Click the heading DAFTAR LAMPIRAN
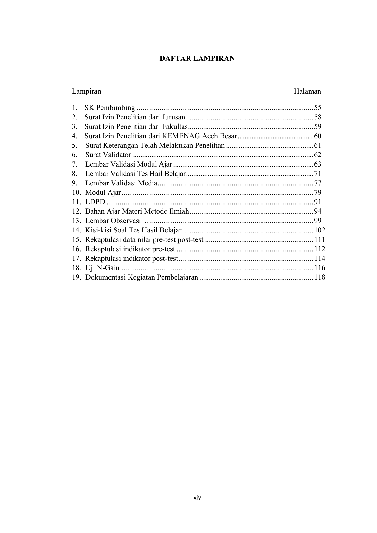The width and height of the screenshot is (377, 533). click(x=197, y=59)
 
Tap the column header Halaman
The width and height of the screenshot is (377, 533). click(x=307, y=91)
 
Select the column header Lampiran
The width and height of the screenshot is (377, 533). click(x=87, y=91)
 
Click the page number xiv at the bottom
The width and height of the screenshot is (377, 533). click(x=197, y=498)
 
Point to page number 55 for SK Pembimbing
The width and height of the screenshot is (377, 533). click(x=318, y=108)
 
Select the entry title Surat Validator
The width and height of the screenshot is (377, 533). click(x=108, y=155)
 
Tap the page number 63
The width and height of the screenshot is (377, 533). click(x=318, y=164)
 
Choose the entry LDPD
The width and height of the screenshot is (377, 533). click(x=95, y=202)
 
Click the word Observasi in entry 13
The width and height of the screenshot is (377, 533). click(x=126, y=221)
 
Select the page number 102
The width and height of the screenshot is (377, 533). click(x=320, y=230)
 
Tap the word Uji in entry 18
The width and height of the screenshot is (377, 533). click(x=90, y=268)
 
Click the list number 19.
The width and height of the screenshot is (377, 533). click(x=76, y=277)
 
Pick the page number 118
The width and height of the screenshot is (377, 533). click(x=320, y=277)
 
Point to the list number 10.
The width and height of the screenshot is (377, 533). click(x=76, y=193)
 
